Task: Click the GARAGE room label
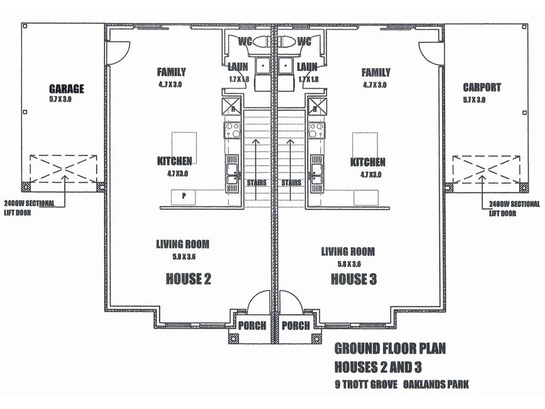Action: point(66,89)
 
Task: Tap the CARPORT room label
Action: point(481,87)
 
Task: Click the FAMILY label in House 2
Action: point(171,72)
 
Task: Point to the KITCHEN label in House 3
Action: point(368,163)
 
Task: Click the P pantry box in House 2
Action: point(184,196)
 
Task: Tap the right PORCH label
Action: point(296,325)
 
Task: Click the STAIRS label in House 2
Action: point(257,183)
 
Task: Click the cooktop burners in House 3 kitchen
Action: point(317,130)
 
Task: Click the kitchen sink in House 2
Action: point(232,170)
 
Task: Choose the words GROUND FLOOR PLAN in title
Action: point(390,350)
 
